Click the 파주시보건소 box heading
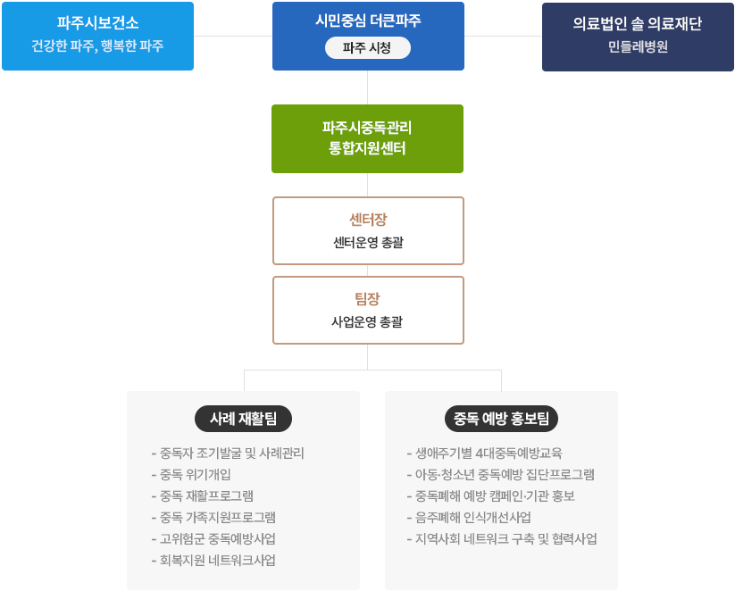click(97, 23)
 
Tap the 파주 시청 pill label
click(367, 48)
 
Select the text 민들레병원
click(638, 46)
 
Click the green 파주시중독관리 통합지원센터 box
click(367, 138)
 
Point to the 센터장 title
click(367, 220)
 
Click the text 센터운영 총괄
click(367, 241)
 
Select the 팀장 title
click(367, 299)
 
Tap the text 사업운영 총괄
click(367, 320)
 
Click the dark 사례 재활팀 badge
click(244, 418)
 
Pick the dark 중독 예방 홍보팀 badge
click(501, 418)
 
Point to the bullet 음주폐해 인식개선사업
click(468, 517)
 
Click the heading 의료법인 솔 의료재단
click(638, 24)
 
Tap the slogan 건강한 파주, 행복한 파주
click(97, 46)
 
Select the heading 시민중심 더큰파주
click(367, 21)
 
